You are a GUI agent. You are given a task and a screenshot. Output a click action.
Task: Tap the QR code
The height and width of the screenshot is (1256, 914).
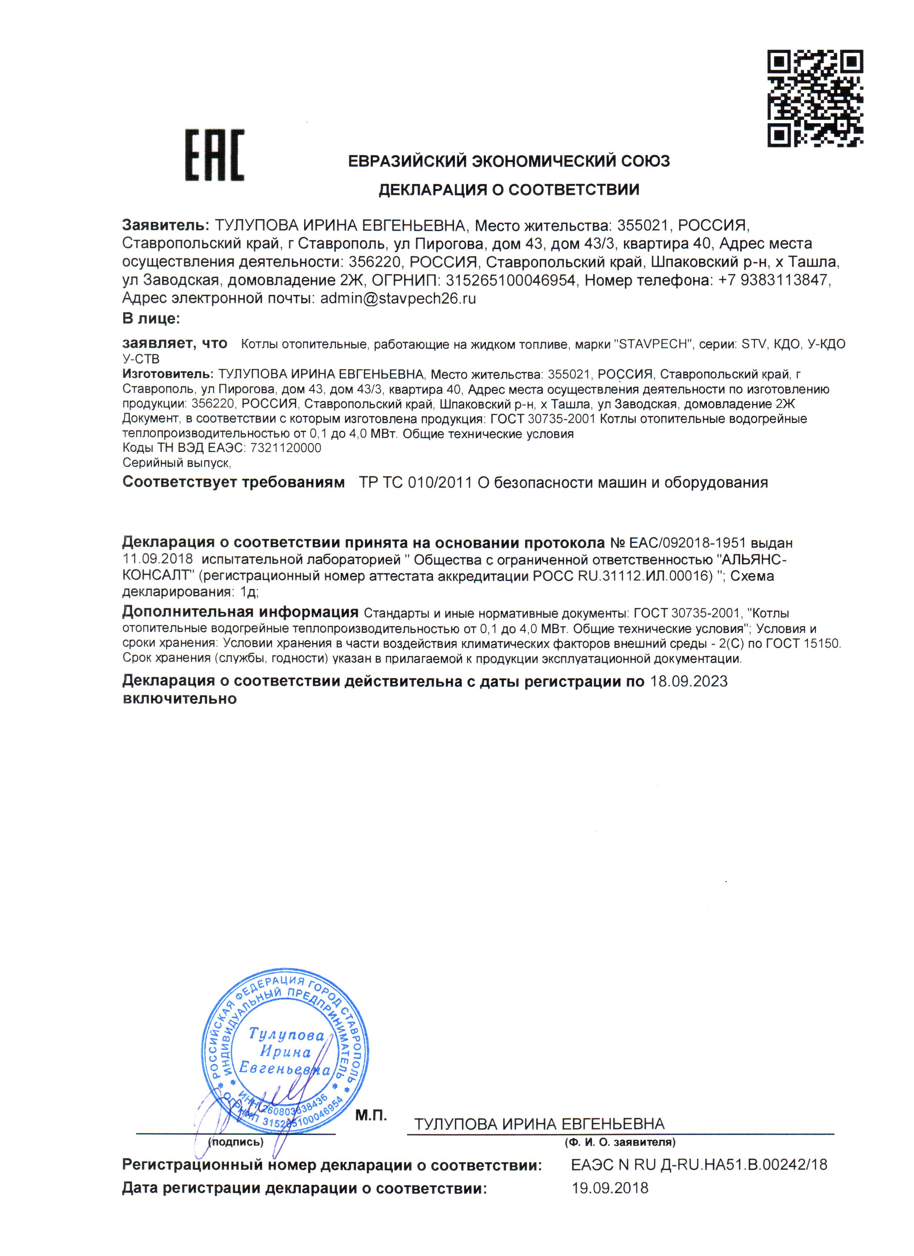[815, 98]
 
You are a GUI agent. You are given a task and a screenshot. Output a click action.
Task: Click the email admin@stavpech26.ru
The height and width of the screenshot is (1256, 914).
[398, 298]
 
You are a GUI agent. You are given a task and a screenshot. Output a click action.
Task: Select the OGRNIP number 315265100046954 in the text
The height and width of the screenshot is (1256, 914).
[510, 280]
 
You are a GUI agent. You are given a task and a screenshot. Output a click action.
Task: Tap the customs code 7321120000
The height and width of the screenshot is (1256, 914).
[286, 447]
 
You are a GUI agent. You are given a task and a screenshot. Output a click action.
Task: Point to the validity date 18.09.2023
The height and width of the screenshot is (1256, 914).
[688, 681]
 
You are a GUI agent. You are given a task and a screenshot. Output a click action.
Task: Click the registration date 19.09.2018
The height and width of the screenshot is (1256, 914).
[610, 1188]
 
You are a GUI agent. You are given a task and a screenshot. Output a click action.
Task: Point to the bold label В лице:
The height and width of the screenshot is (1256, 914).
[151, 318]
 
